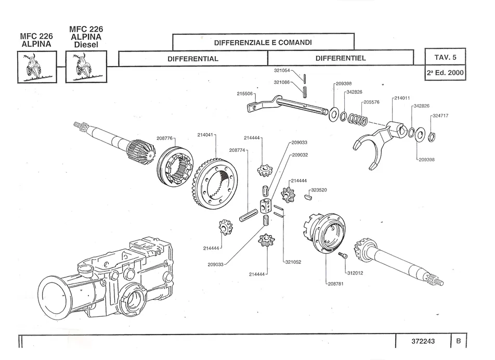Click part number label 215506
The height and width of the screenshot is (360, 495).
click(x=245, y=94)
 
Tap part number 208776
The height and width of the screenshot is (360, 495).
click(x=165, y=138)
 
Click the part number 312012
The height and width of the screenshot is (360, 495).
click(x=356, y=272)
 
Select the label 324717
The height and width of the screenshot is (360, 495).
click(x=440, y=115)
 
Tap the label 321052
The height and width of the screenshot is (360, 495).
click(x=293, y=262)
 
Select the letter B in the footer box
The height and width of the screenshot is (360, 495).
click(x=458, y=341)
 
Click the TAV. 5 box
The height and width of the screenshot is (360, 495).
click(x=445, y=57)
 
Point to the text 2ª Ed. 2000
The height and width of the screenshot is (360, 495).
click(x=445, y=73)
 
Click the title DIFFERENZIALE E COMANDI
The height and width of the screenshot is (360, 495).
click(x=263, y=42)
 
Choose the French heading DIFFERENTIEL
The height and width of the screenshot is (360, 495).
click(x=341, y=58)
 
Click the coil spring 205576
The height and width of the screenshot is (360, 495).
click(x=359, y=119)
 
